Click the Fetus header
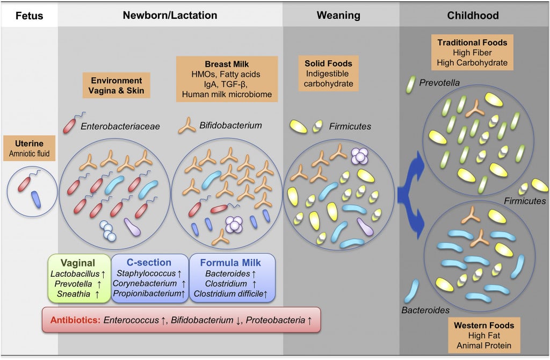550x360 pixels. pyautogui.click(x=30, y=16)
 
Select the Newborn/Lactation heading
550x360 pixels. pyautogui.click(x=170, y=16)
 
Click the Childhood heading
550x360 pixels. pyautogui.click(x=473, y=16)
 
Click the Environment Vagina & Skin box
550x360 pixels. pyautogui.click(x=116, y=85)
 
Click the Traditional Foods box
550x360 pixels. pyautogui.click(x=473, y=53)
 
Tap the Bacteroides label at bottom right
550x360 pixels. pyautogui.click(x=424, y=310)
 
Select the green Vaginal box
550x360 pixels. pyautogui.click(x=78, y=278)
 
